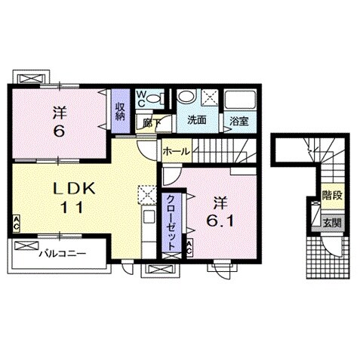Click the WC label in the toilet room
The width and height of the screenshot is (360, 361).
point(141,98)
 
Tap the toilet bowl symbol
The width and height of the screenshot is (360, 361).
point(155,98)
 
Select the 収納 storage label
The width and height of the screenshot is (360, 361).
point(120,111)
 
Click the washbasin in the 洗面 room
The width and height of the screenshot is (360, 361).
point(186,97)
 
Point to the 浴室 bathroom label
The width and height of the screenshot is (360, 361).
point(239,122)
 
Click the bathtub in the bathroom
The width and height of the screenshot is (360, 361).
point(240,99)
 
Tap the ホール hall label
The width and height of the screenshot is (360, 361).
point(177,152)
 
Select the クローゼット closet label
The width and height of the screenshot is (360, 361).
point(171,223)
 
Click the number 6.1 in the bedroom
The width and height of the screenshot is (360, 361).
point(220,221)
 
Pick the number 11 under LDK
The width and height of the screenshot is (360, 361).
point(72,208)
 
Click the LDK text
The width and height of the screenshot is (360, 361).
point(74,188)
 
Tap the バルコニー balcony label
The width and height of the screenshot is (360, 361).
point(63,253)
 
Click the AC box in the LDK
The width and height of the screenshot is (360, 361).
point(16,224)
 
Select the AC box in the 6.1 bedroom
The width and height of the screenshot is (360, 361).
point(189,248)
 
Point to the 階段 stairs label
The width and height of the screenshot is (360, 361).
point(332,196)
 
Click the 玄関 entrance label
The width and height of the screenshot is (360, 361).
point(333,222)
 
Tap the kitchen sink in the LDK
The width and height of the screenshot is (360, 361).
point(149,218)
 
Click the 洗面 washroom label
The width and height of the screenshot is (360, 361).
point(197,120)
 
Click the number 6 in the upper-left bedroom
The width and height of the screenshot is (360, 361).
point(59,131)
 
